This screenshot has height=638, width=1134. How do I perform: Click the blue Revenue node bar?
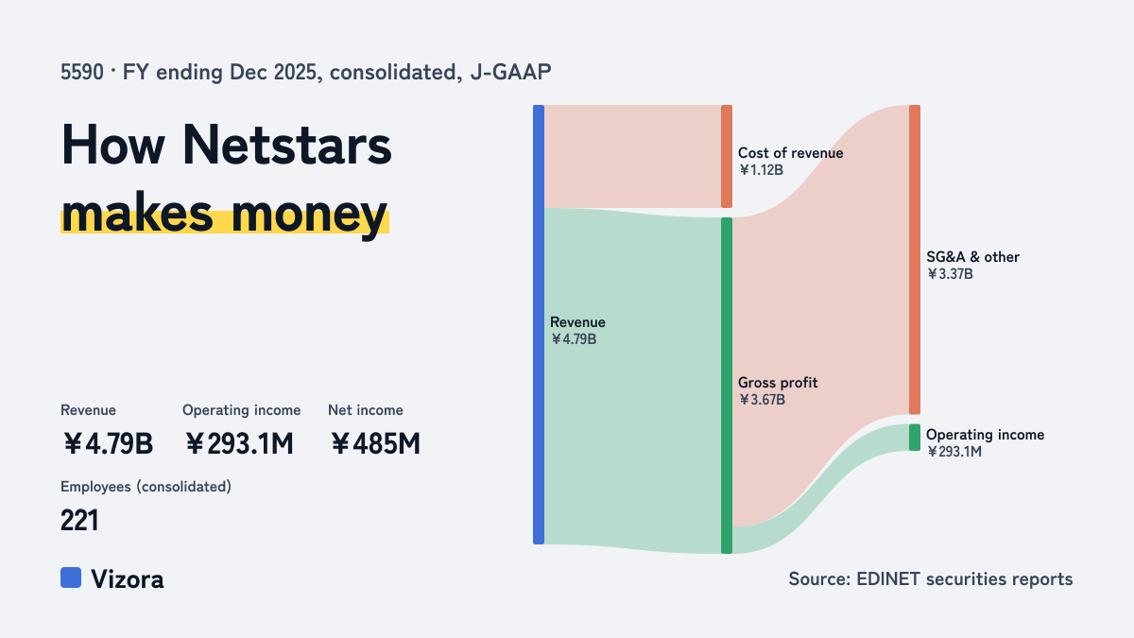point(539,324)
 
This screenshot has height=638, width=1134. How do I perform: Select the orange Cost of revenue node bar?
point(727,157)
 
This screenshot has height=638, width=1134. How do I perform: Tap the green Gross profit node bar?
point(727,386)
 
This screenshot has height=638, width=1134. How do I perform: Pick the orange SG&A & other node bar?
point(915,260)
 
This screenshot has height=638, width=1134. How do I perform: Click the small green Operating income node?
point(915,438)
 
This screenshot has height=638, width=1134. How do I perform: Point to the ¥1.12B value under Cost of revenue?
point(761,169)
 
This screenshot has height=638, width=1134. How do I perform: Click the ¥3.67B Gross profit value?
point(762,400)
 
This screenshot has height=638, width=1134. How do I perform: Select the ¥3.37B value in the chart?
point(950,274)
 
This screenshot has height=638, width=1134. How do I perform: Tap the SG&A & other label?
point(972,257)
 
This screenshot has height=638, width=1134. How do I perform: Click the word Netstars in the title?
point(286,145)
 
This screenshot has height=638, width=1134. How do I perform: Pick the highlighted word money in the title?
point(309,215)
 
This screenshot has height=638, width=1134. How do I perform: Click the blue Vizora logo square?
point(71,578)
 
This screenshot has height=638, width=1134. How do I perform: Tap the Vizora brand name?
point(127,578)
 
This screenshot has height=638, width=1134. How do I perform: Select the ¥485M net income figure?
point(375,443)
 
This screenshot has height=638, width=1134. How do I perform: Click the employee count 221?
point(79,520)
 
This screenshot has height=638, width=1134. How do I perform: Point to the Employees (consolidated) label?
point(146,487)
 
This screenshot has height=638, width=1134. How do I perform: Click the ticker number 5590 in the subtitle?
point(82,72)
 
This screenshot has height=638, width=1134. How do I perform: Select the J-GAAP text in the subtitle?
point(510,72)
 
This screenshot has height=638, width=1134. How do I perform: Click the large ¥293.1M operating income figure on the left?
point(239,443)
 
